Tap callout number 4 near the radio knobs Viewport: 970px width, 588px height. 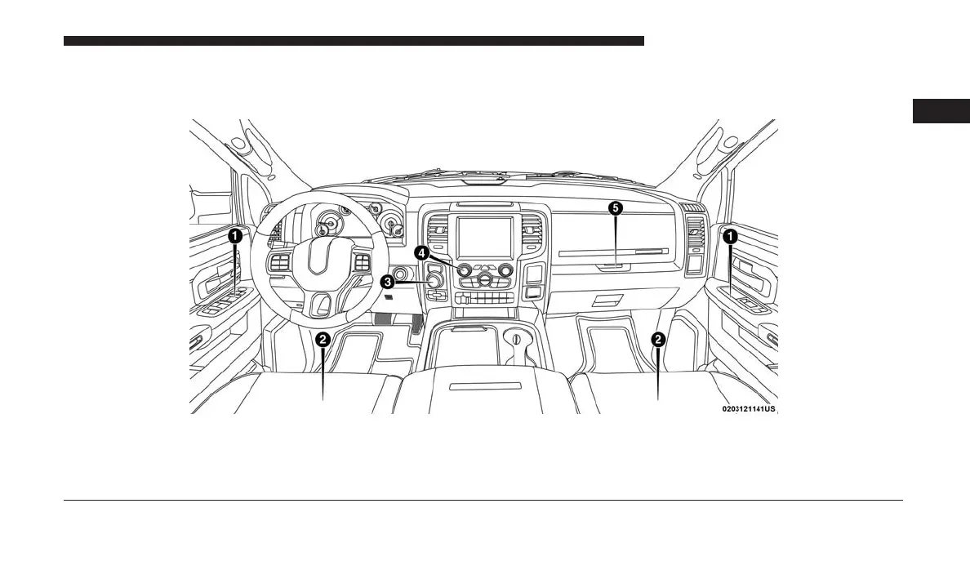421,253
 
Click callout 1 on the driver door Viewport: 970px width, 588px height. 234,235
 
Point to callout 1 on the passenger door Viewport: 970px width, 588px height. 730,235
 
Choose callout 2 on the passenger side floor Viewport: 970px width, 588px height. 658,338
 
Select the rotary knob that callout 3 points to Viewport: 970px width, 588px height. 435,283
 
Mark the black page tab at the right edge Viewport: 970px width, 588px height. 941,111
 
